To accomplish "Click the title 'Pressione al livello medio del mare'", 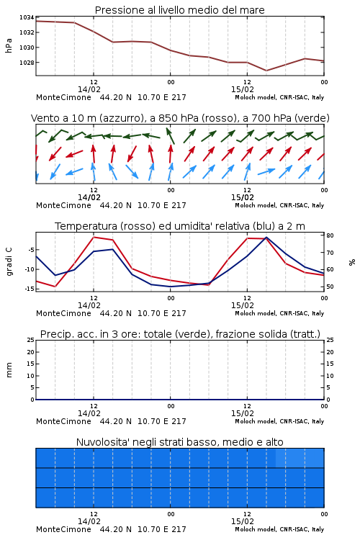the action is pos(179,10).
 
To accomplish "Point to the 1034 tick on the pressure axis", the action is pos(27,17).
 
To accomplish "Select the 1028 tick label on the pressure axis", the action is pos(27,63).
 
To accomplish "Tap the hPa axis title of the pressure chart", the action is pos(9,45).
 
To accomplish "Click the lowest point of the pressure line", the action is pos(266,71).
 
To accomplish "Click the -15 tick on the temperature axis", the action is pos(30,289).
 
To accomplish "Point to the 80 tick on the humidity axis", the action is pos(330,235).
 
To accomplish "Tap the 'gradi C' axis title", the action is pos(9,262).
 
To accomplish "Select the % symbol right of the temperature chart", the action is pos(352,262).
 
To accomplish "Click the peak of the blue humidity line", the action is pos(266,238).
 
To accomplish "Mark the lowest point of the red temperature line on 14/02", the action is pos(55,287).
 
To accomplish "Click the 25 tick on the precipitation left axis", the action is pos(31,341).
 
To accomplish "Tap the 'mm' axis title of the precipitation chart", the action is pos(9,370).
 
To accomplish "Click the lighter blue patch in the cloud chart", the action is pos(300,458).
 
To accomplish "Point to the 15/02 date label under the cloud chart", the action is pos(243,521).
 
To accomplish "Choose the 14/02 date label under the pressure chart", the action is pos(89,89).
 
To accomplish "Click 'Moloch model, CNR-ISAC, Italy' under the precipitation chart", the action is pos(279,421).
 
